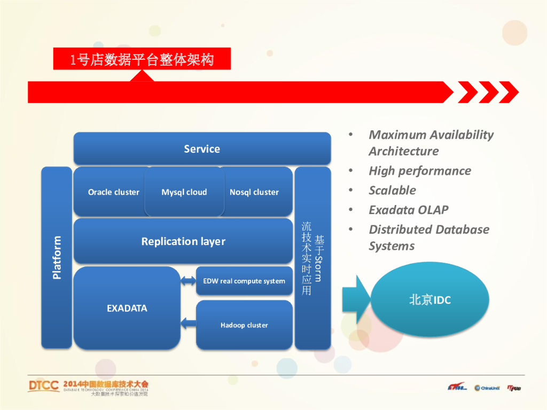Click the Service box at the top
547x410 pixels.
point(202,148)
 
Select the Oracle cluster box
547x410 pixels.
point(113,192)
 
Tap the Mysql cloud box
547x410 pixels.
point(184,192)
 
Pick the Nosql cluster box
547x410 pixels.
point(255,192)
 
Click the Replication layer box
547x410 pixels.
point(183,241)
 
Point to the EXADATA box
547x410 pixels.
point(127,308)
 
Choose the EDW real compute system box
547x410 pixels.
point(244,281)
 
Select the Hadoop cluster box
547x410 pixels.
point(244,325)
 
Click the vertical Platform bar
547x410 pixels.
point(57,257)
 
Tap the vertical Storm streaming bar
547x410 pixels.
point(312,258)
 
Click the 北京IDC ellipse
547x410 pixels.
point(430,299)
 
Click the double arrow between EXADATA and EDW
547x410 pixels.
point(189,281)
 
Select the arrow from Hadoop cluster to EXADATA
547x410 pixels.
point(189,322)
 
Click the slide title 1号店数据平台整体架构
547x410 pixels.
point(142,59)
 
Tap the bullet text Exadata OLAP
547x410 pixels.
point(408,210)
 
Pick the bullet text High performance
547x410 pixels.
point(420,171)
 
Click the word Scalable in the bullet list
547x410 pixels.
point(392,190)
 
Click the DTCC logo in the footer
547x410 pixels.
point(44,386)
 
